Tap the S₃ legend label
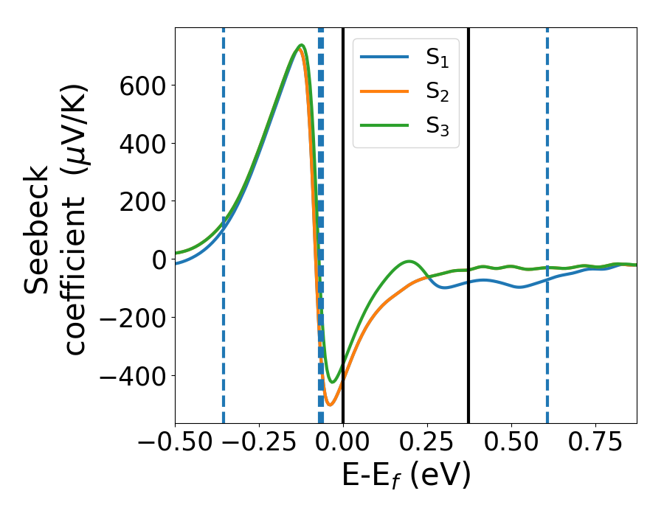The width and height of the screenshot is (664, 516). [438, 126]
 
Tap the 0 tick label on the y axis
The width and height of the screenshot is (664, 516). [156, 259]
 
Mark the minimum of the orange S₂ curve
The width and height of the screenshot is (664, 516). [330, 405]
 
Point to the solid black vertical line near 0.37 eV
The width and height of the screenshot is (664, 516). [468, 184]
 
